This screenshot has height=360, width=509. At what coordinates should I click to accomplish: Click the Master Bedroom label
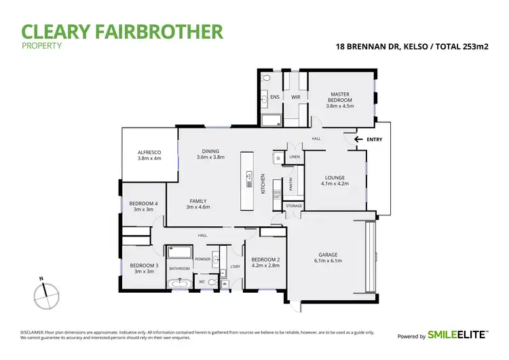(x=340, y=100)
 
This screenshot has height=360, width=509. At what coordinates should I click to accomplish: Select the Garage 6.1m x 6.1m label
(x=331, y=258)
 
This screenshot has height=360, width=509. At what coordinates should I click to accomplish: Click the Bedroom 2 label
(x=265, y=262)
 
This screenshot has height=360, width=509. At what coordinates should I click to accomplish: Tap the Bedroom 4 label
(x=144, y=206)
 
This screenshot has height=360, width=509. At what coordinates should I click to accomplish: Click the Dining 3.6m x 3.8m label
(x=210, y=154)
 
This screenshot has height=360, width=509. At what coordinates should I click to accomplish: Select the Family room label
(x=198, y=204)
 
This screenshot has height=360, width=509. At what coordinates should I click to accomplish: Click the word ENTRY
(x=374, y=140)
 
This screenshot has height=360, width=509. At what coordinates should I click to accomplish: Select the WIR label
(x=296, y=97)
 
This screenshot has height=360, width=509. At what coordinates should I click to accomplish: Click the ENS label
(x=275, y=97)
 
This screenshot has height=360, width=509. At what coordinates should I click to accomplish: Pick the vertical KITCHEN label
(x=263, y=184)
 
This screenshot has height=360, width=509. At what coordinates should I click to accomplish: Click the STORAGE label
(x=293, y=205)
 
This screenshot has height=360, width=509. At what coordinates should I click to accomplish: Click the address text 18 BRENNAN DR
(x=365, y=48)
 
